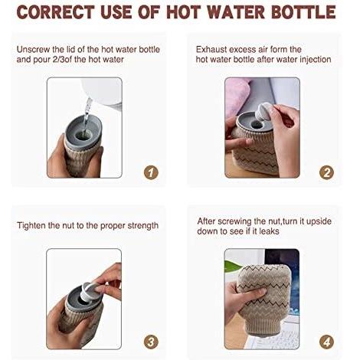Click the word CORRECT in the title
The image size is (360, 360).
click(x=56, y=11)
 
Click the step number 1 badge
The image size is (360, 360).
click(x=151, y=172)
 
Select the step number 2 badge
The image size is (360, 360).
click(x=326, y=172)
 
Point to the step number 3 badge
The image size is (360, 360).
click(x=151, y=342)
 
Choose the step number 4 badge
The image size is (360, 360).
click(x=326, y=342)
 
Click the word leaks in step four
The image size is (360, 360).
click(x=269, y=231)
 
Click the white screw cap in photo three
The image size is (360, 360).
click(x=89, y=291)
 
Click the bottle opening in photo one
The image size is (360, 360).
click(x=83, y=134)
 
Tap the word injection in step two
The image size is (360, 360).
click(x=316, y=60)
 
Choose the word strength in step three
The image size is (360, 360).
click(x=143, y=226)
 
